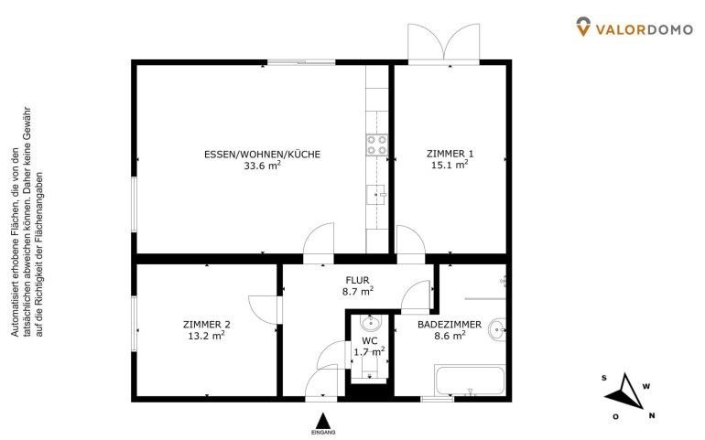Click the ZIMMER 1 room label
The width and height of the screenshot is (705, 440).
click(450, 154)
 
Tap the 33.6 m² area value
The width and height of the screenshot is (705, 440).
click(263, 165)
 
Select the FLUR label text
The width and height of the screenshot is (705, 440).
click(357, 281)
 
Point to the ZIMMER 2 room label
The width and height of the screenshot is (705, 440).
click(207, 325)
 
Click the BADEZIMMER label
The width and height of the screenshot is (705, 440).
click(450, 325)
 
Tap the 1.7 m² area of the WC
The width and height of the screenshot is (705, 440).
click(369, 351)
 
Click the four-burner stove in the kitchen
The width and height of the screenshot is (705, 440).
click(377, 145)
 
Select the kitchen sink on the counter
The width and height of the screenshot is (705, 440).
click(377, 195)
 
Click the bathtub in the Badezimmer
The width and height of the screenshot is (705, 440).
click(470, 381)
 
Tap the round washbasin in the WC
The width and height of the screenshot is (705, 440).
click(371, 322)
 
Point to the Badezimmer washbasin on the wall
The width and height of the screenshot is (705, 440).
click(497, 330)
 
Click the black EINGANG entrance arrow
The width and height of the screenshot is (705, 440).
click(322, 421)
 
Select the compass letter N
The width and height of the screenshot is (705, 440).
click(652, 415)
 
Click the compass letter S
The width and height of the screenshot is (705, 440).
click(604, 378)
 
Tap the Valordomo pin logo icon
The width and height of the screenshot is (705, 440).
click(583, 27)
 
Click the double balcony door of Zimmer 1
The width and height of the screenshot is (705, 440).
click(443, 42)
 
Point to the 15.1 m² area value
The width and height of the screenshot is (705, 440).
click(450, 165)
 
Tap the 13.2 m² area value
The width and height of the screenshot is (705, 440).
click(207, 336)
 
